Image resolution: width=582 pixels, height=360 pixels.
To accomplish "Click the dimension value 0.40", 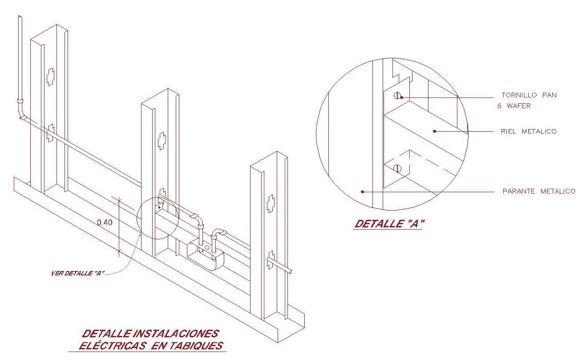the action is [x=105, y=222].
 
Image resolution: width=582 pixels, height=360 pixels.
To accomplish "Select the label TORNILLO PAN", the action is [x=529, y=95].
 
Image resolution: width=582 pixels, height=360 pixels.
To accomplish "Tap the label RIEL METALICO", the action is [x=529, y=131].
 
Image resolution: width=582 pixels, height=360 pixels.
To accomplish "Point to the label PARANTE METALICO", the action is [x=538, y=191].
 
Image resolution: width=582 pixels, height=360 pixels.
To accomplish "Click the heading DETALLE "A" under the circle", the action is [x=388, y=224].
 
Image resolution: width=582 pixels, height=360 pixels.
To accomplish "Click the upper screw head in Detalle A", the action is [x=398, y=96].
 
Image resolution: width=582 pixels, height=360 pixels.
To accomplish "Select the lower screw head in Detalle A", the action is [x=398, y=169].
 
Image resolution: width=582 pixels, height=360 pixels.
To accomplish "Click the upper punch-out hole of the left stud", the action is [x=51, y=77].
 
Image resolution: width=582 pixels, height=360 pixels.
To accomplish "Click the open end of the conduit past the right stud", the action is [x=291, y=271].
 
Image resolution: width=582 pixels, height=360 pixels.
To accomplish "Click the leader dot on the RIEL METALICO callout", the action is [x=435, y=131].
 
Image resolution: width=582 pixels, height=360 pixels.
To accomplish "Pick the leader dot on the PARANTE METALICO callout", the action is [x=363, y=192].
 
